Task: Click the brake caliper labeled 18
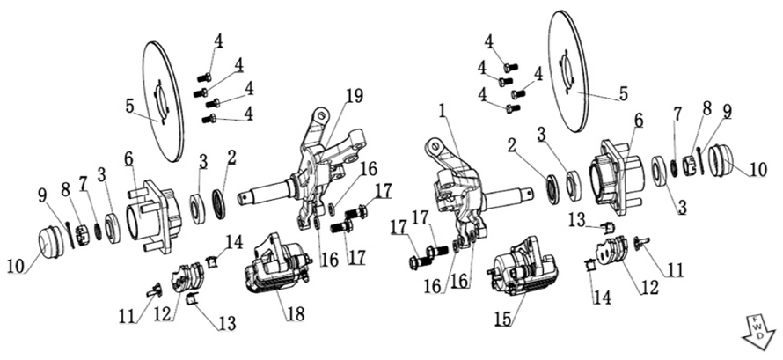(x=276, y=265)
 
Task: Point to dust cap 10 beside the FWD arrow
(x=724, y=161)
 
